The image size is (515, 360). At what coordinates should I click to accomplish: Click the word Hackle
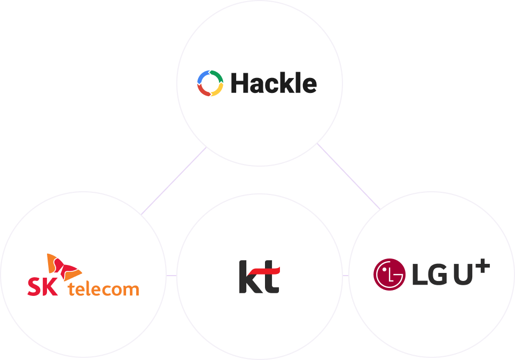(274, 83)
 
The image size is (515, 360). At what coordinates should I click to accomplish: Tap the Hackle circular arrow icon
(210, 83)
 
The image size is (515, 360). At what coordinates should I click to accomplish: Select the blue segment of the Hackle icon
(202, 76)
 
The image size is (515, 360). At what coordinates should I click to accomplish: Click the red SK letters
(43, 287)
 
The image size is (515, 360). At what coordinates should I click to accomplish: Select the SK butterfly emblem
(64, 267)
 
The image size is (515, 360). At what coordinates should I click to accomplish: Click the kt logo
(260, 277)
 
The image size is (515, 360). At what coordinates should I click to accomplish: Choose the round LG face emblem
(389, 275)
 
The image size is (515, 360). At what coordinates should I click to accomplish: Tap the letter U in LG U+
(463, 275)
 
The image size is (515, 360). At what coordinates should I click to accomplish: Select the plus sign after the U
(482, 265)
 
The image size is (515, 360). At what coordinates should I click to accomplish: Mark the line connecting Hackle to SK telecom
(174, 181)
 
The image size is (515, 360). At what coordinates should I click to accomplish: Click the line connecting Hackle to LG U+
(348, 176)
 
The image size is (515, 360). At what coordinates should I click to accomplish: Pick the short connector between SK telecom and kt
(171, 276)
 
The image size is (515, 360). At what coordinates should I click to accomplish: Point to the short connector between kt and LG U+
(346, 276)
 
